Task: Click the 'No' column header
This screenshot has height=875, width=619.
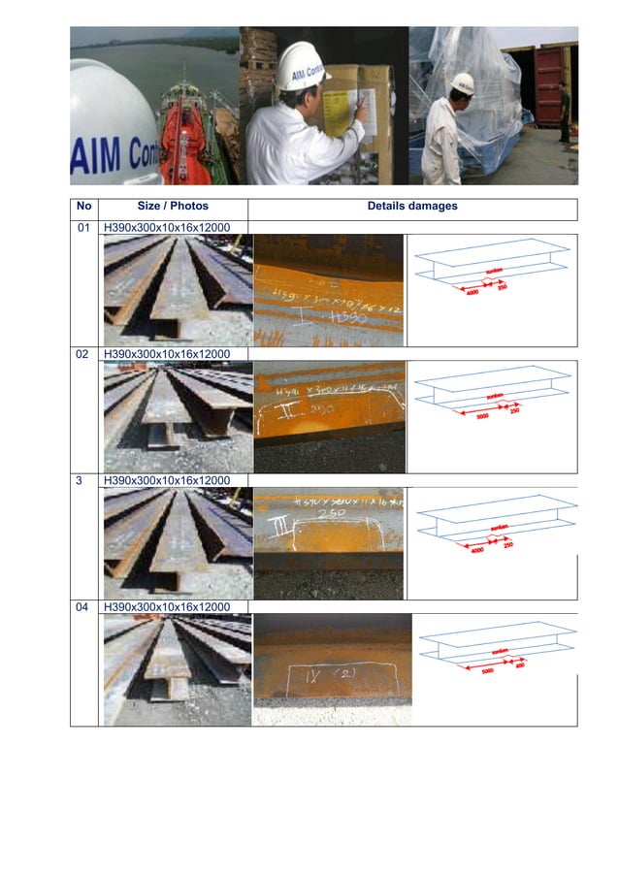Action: [x=85, y=207]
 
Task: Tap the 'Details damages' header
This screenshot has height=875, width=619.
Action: [x=412, y=207]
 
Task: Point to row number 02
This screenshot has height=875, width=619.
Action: [x=85, y=354]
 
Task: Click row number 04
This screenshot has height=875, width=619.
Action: [x=85, y=606]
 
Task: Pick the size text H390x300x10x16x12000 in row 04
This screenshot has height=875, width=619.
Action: [x=166, y=606]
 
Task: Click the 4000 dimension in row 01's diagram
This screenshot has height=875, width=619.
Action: [x=472, y=292]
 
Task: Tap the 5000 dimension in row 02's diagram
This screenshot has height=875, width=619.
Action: [x=481, y=418]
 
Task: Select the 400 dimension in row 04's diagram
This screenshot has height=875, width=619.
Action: [x=519, y=665]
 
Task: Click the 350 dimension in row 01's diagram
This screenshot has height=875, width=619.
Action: [x=503, y=286]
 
